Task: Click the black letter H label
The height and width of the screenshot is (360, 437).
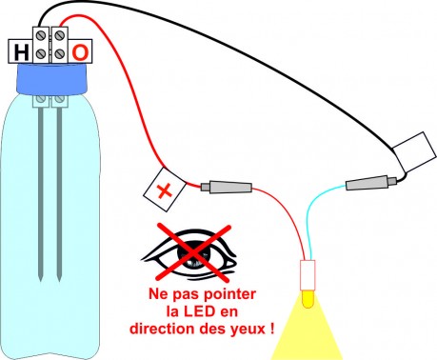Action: coord(21,52)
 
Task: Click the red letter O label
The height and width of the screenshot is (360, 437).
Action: coord(80,52)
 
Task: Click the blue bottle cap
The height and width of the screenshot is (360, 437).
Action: coord(51,78)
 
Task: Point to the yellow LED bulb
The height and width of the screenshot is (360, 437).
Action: coord(308,298)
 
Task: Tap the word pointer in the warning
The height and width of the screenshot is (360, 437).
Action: coord(229,294)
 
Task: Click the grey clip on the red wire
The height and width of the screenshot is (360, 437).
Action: coord(227,187)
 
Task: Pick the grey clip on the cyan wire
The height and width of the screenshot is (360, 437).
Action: coord(371,183)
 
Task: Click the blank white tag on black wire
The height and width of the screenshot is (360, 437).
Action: coord(414,152)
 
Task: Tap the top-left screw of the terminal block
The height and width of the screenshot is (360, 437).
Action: coord(40,36)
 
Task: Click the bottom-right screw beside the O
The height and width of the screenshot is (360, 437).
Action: coord(59,54)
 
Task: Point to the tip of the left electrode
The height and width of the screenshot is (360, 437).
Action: coord(41,281)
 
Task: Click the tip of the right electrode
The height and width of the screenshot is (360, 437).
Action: coord(59,281)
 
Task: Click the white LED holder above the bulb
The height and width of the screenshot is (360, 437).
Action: coord(308,275)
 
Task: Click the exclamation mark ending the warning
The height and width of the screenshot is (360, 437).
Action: coord(271,328)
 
